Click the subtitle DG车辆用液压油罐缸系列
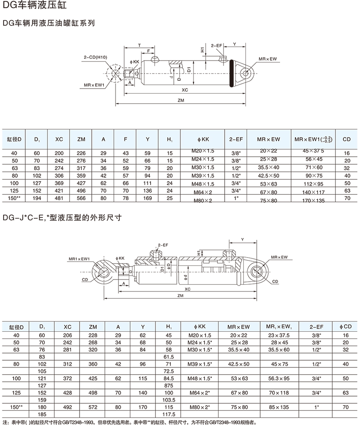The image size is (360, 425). (x=48, y=23)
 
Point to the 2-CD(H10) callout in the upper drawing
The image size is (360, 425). (x=95, y=58)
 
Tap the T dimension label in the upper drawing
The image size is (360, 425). (x=139, y=45)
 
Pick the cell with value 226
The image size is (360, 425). (x=81, y=153)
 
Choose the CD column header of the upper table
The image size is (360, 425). (x=347, y=139)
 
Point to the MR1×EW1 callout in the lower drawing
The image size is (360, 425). (x=79, y=259)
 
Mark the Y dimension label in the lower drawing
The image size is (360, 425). (x=242, y=240)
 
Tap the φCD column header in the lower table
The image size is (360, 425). (x=346, y=327)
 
